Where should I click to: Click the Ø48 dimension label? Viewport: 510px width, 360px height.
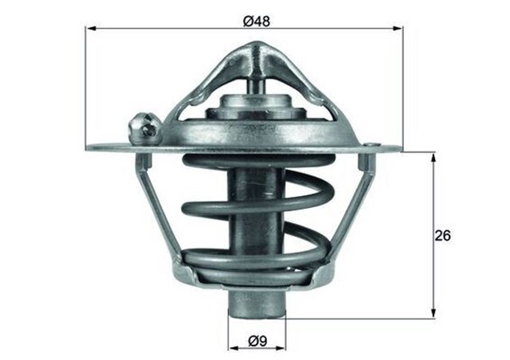point(257,21)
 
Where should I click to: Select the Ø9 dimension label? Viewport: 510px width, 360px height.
point(257,341)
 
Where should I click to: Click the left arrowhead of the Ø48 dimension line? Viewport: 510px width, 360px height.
point(91,28)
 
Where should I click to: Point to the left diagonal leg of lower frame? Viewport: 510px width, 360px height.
point(159,211)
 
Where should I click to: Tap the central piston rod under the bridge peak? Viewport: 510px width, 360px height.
point(255,84)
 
